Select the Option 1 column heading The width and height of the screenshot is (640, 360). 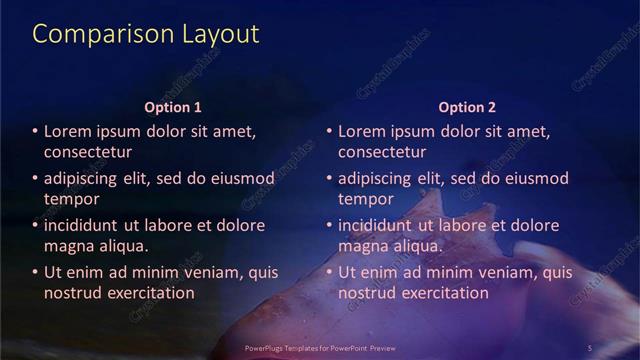pos(173,107)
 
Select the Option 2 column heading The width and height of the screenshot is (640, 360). pos(466,107)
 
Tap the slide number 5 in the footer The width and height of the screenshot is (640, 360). pos(590,347)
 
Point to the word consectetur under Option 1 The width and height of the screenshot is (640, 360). pos(88,152)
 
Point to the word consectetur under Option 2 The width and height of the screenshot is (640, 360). pos(382,152)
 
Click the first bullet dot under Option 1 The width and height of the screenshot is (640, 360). pos(35,132)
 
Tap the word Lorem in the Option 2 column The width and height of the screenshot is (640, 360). pos(362,131)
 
